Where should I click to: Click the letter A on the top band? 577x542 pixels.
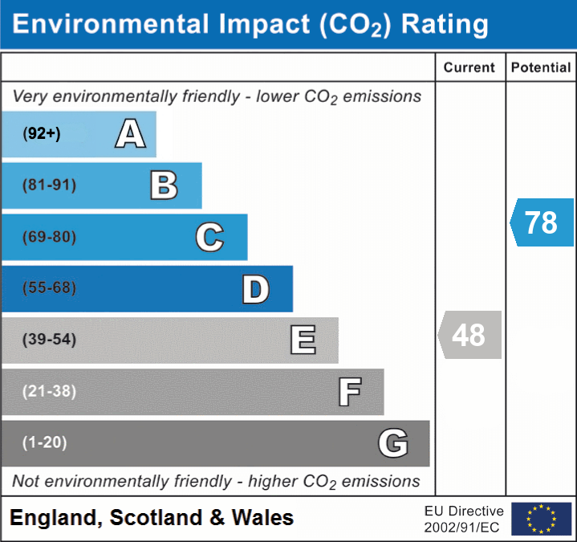[130, 134]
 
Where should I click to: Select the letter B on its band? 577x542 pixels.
[164, 185]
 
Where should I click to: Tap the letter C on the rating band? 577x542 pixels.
[209, 237]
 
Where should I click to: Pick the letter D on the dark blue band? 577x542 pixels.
[255, 289]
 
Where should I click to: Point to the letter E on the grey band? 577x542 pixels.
[303, 340]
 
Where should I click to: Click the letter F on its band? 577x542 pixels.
[349, 392]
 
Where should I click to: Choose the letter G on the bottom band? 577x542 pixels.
[393, 443]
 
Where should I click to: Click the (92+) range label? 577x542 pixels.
[42, 134]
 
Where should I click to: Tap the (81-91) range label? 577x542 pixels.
[49, 185]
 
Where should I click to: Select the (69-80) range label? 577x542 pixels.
[49, 237]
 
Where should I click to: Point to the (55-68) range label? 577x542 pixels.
[49, 288]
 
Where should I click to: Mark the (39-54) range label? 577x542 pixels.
[49, 340]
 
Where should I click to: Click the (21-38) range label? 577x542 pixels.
[49, 391]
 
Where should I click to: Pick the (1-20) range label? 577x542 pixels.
[45, 442]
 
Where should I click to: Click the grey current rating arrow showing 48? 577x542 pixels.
[469, 335]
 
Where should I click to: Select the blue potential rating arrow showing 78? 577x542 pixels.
[542, 222]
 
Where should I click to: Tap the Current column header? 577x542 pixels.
[469, 68]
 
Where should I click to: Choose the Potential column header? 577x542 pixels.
[541, 68]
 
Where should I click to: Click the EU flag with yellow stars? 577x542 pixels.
[541, 519]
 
